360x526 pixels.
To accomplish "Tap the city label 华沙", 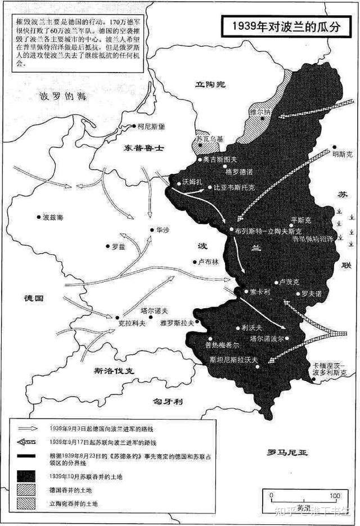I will [163, 230].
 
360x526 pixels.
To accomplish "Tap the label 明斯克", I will [343, 153].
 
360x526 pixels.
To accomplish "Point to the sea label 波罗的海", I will [66, 96].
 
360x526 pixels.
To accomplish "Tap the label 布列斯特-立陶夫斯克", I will [269, 231].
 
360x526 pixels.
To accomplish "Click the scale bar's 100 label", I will [335, 496].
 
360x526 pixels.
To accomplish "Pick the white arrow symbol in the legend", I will [28, 427].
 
